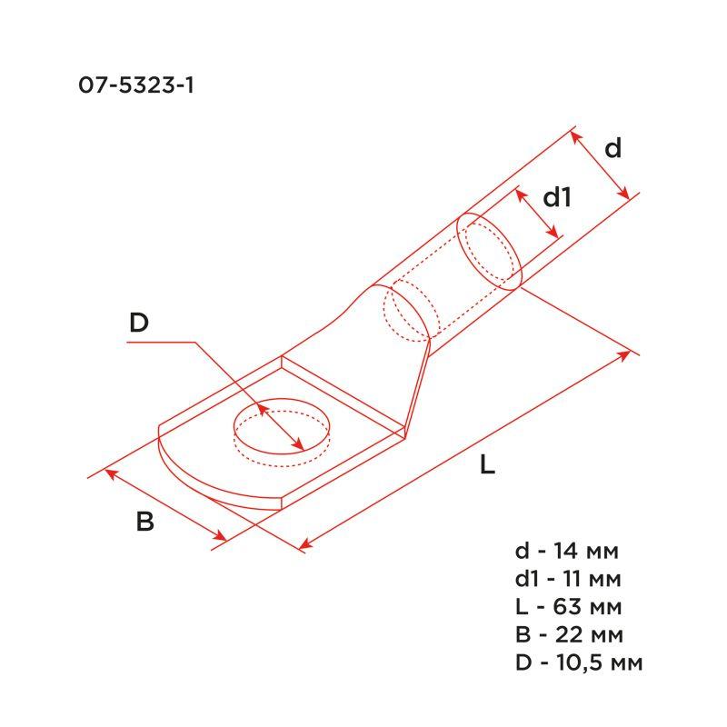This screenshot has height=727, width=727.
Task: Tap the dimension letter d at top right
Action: click(613, 148)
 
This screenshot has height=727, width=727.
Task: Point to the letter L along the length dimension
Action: click(487, 465)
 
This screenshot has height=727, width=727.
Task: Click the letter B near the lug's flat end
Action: click(145, 523)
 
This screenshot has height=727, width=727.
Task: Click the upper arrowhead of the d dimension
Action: click(576, 135)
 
